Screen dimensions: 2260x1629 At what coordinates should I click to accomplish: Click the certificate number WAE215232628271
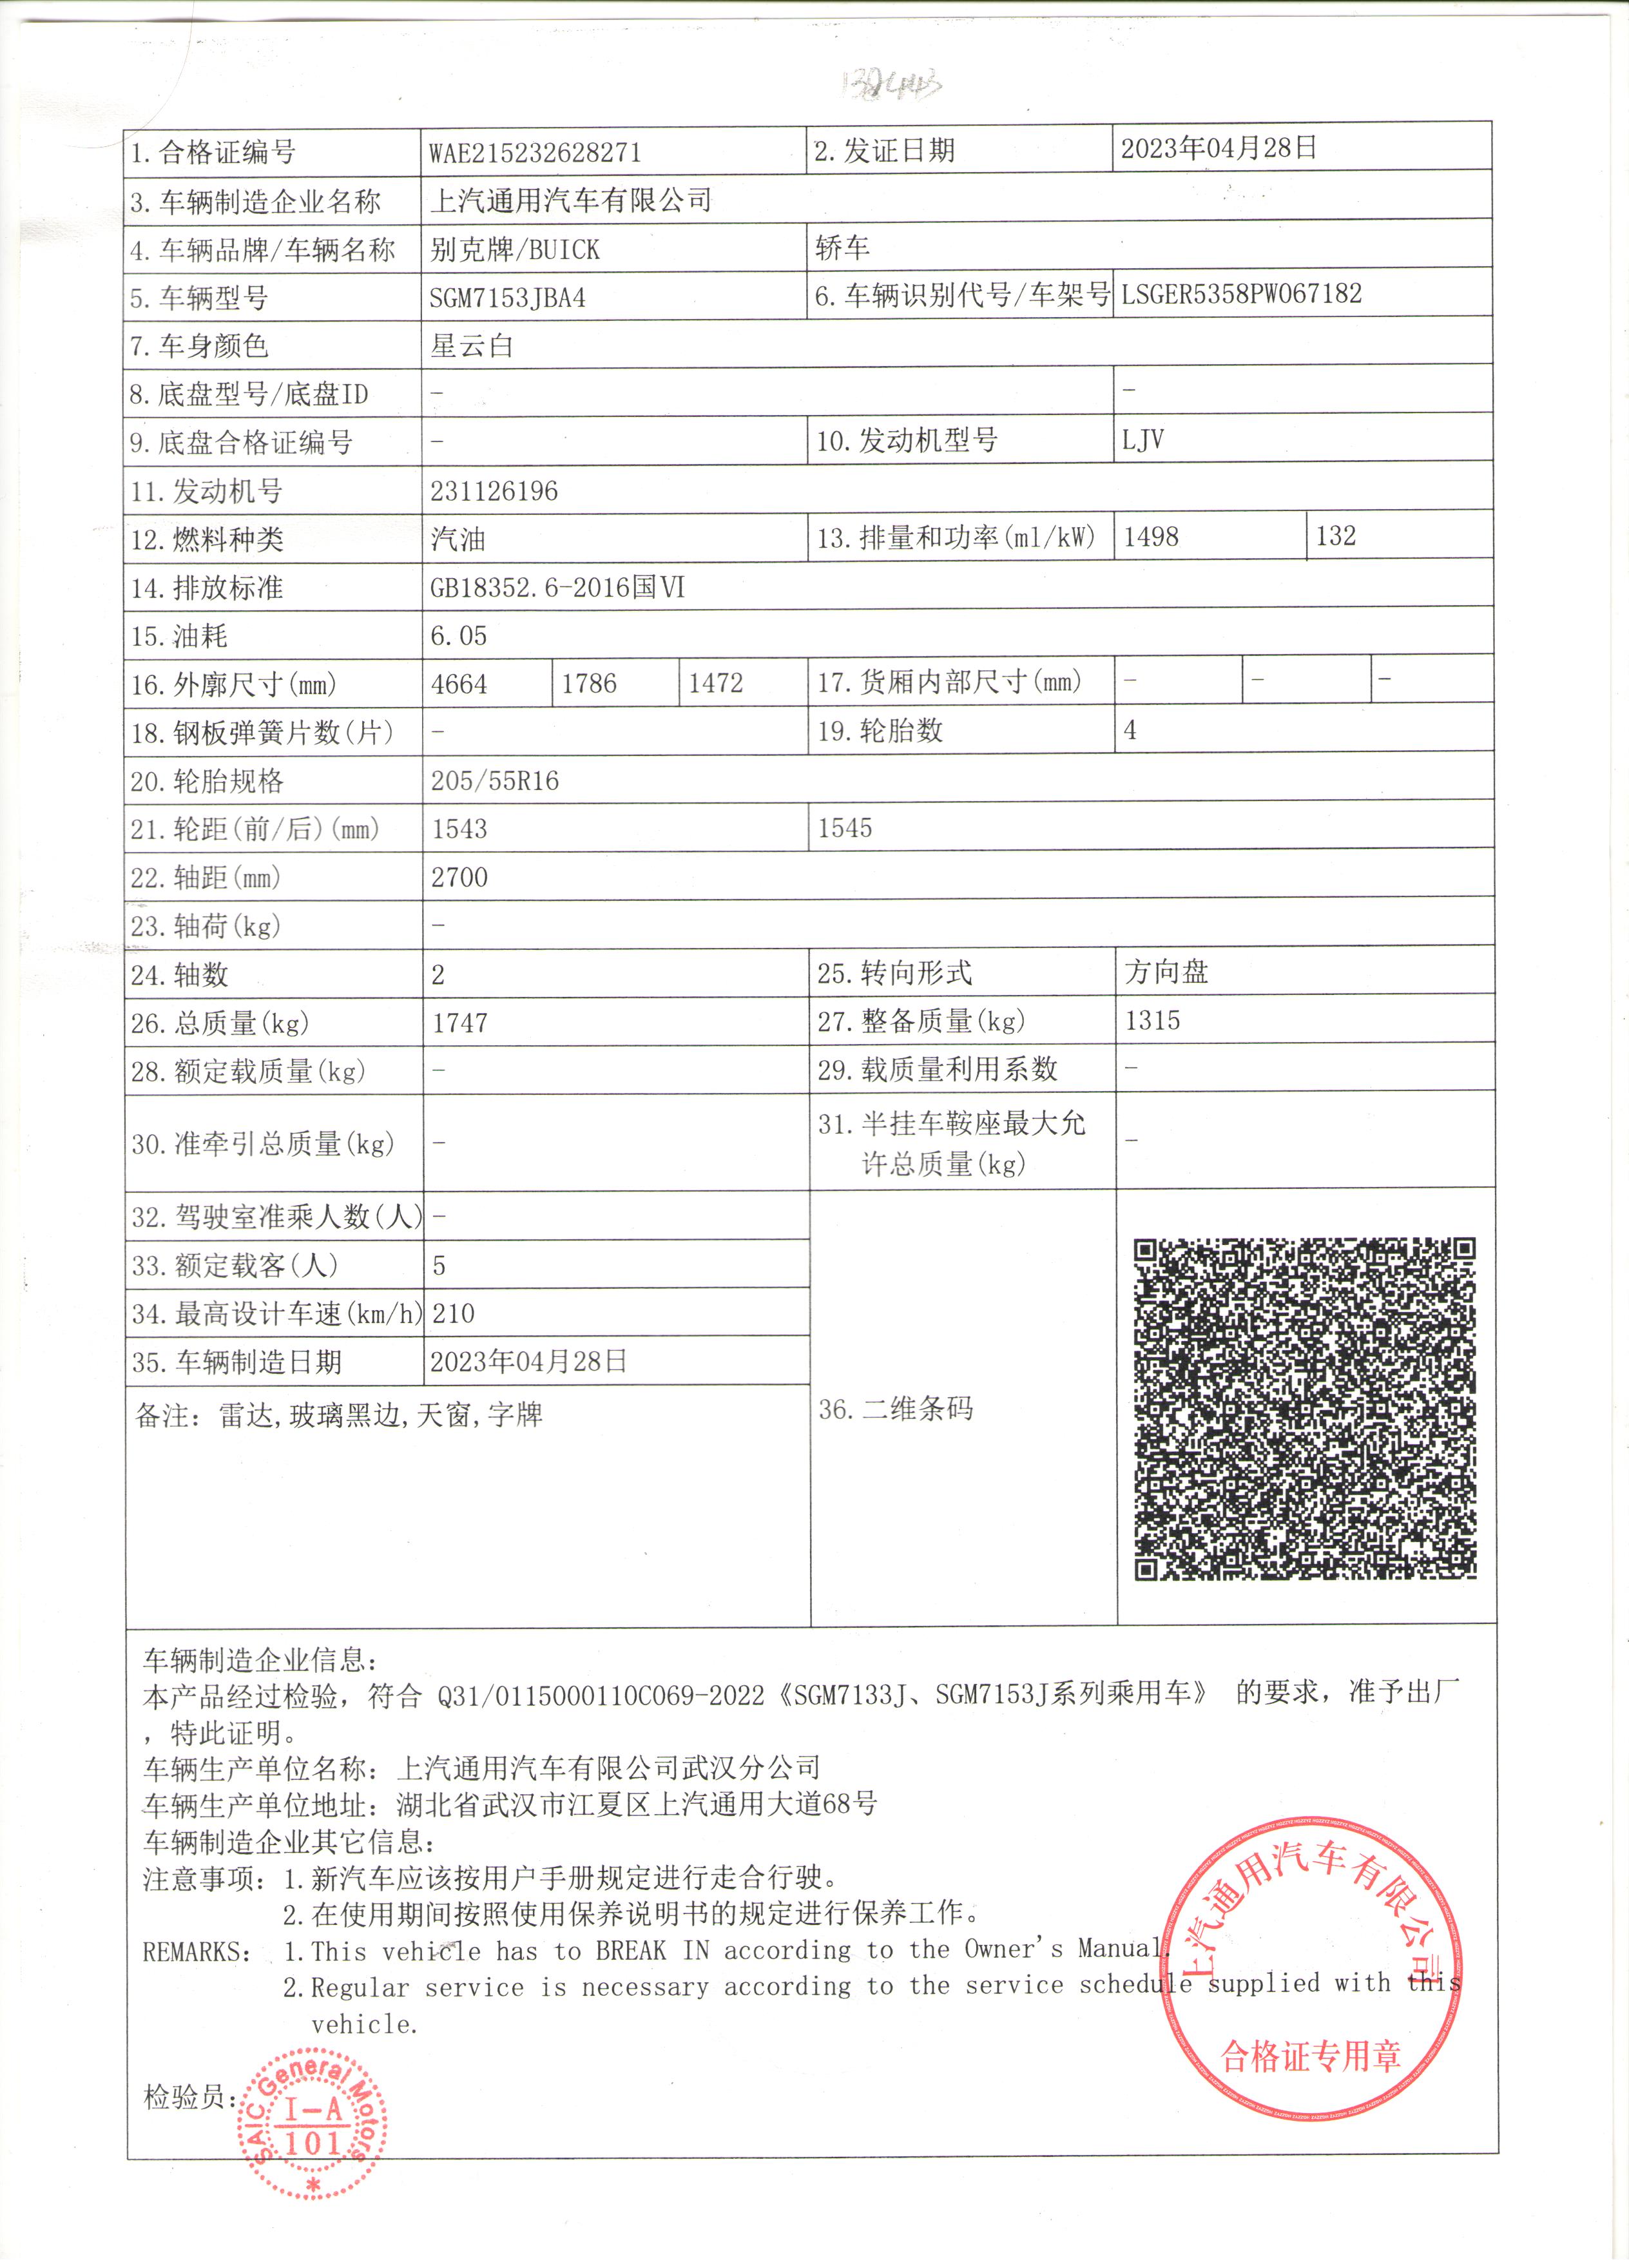click(534, 153)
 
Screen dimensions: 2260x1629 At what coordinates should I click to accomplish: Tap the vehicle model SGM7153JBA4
click(507, 298)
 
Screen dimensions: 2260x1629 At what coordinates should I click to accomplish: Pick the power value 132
click(1335, 536)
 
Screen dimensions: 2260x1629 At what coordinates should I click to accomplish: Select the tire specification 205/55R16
click(494, 781)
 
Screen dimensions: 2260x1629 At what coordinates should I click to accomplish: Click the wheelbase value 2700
click(459, 878)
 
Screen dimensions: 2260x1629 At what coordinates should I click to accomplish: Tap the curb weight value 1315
click(1152, 1020)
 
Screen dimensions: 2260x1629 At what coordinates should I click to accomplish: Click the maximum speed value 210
click(454, 1313)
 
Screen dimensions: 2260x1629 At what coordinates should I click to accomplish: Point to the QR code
click(1304, 1408)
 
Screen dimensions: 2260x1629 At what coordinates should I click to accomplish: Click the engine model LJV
click(1142, 440)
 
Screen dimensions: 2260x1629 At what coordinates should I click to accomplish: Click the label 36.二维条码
click(894, 1409)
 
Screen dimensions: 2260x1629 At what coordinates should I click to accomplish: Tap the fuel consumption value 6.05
click(458, 636)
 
